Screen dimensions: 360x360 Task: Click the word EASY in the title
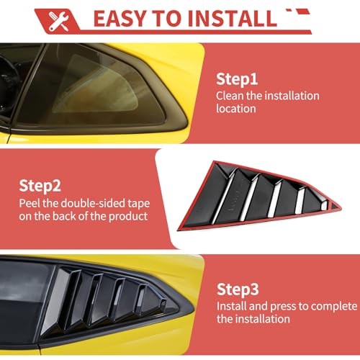120,19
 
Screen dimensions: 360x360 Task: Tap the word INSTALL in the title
233,19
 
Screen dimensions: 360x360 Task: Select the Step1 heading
237,79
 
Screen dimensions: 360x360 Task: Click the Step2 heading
40,186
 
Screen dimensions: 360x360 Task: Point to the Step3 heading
238,289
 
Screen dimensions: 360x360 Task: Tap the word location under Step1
236,109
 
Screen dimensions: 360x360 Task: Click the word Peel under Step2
30,203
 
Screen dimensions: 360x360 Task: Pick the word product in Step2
128,217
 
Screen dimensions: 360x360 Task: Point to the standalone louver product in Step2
259,196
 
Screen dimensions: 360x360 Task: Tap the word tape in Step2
139,204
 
